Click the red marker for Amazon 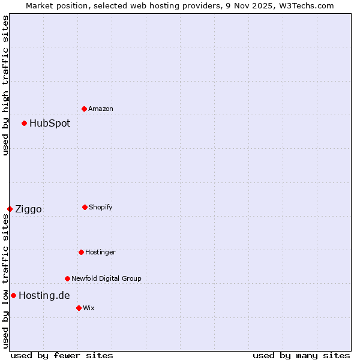tap(85, 109)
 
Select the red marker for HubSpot tap(25, 123)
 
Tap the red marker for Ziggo tap(10, 209)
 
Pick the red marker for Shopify tap(85, 207)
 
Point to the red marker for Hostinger tap(81, 252)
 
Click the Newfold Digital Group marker tap(67, 278)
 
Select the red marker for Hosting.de tap(13, 295)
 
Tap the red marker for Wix tap(79, 308)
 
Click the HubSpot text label tap(50, 124)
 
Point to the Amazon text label tap(101, 109)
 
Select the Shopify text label tap(100, 208)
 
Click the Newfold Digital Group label tap(106, 278)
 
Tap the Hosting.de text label tap(44, 295)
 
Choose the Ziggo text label tap(28, 209)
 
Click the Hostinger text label tap(100, 253)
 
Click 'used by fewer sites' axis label tap(62, 355)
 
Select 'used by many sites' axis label tap(301, 355)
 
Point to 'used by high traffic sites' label tap(5, 85)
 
